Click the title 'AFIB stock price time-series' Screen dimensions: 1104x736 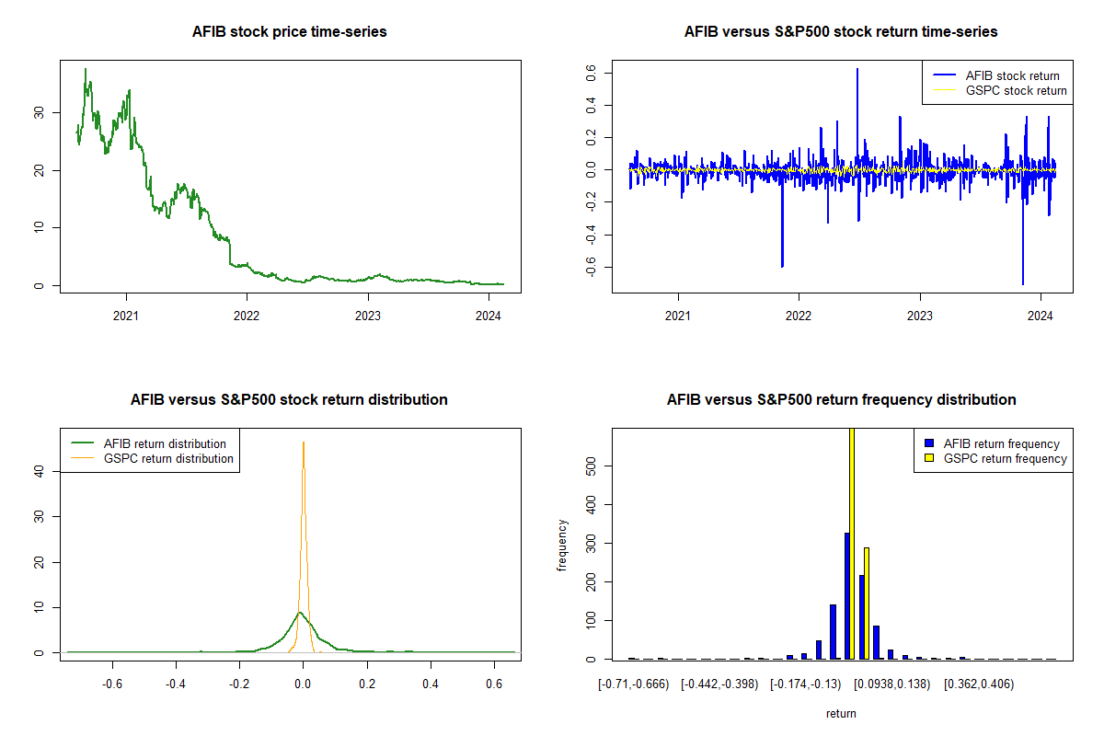pos(289,31)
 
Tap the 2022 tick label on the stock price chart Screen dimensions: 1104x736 pos(247,316)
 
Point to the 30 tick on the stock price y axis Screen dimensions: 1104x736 pos(39,113)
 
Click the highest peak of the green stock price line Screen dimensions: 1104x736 pos(86,69)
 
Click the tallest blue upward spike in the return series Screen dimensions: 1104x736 pos(857,69)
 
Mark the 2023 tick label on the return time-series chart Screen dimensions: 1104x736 pos(920,316)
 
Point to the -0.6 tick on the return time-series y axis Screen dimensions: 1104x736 pos(591,267)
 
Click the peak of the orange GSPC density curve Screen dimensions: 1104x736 pos(304,443)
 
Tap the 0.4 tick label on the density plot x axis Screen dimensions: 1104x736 pos(431,684)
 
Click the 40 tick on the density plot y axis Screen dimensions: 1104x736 pos(39,471)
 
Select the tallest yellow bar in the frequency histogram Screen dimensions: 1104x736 pos(852,543)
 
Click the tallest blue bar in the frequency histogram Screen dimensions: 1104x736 pos(847,595)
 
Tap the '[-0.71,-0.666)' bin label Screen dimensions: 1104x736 pos(633,684)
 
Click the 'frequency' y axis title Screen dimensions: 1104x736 pos(562,545)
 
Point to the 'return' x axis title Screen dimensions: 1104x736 pos(841,713)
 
